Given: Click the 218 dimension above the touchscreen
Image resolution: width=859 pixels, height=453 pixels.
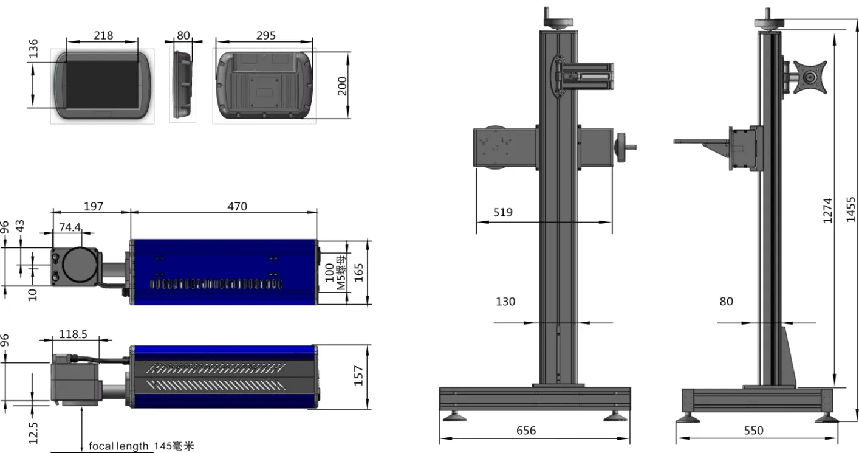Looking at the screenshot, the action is pos(103,35).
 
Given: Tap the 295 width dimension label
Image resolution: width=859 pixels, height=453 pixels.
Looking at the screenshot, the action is pos(265,35).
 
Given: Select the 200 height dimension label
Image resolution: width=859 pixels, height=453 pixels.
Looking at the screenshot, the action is pos(342,86).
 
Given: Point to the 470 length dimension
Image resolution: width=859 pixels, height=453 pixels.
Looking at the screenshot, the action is pos(237,206).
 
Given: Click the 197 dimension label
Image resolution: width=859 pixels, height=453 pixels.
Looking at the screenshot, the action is pos(94,206).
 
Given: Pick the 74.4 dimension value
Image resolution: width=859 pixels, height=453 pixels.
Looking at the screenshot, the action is pos(70,227).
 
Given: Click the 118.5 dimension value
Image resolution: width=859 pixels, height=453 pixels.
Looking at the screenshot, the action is pos(73,334).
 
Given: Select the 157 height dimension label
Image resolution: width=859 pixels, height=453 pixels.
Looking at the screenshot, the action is pos(358,375).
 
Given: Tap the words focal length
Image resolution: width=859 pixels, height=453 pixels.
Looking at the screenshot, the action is pos(118,446).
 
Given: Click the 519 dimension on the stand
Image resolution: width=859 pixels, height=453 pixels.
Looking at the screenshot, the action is pos(503,212).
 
